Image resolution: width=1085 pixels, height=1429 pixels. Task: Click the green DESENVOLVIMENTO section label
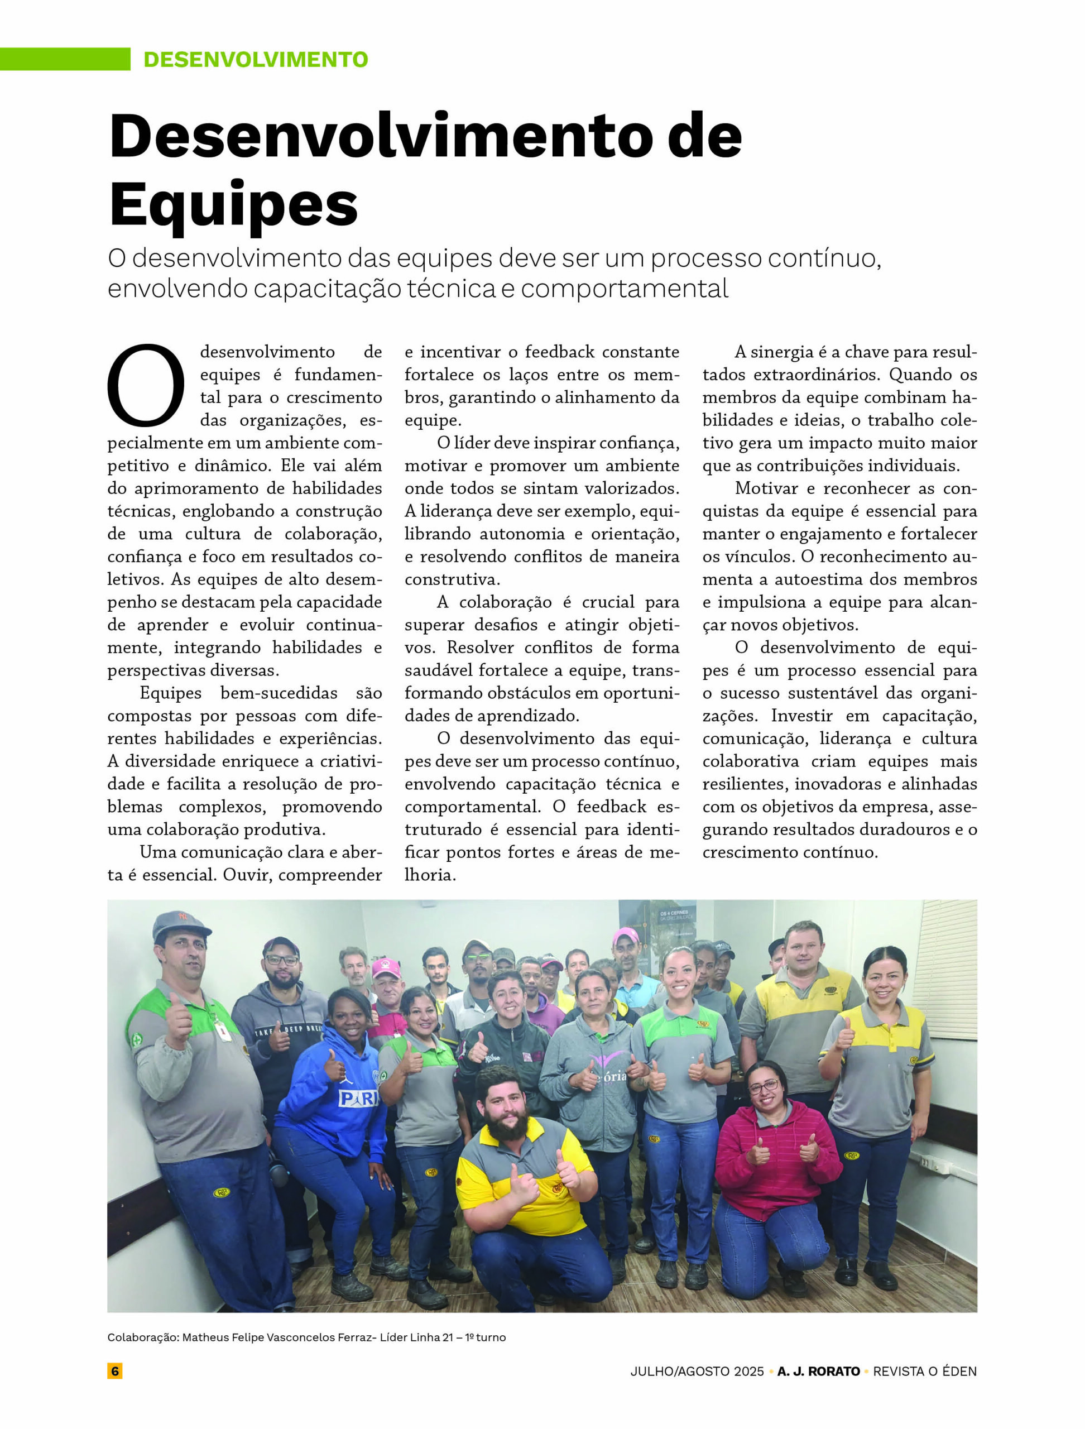(x=255, y=59)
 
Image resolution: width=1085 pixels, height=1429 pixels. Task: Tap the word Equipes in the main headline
(x=233, y=204)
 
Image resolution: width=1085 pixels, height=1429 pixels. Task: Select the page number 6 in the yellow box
(x=115, y=1371)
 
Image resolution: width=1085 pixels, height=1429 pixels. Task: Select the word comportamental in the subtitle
(x=625, y=289)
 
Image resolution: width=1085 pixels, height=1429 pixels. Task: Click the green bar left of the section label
(x=65, y=59)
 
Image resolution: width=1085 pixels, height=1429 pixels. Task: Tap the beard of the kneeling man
(x=508, y=1125)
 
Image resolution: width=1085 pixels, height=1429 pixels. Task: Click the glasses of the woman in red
(x=764, y=1087)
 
